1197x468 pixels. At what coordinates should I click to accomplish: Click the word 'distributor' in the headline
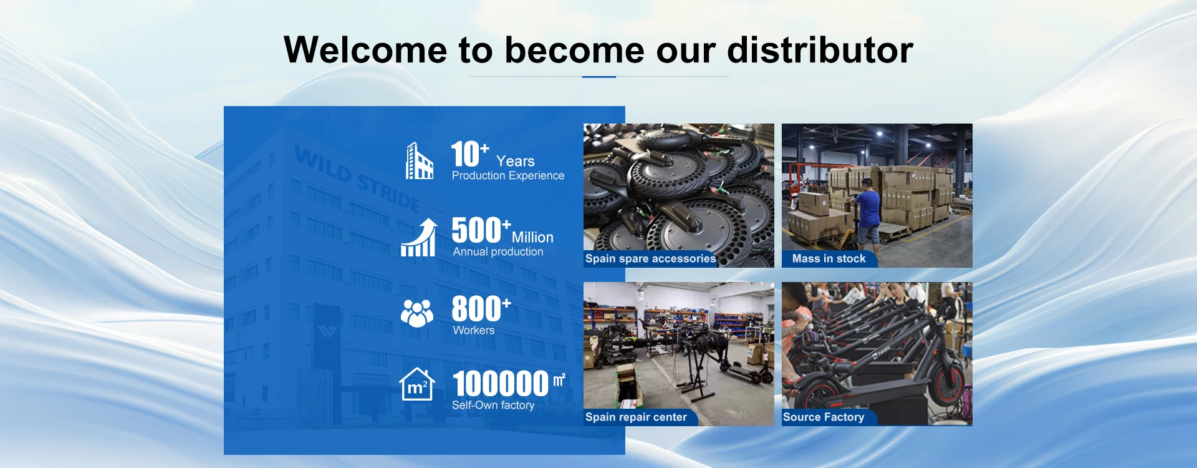point(820,49)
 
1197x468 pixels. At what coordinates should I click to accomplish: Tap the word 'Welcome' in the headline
point(365,49)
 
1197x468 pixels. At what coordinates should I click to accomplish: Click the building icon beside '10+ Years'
point(419,161)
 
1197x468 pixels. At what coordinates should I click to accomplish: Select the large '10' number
point(465,154)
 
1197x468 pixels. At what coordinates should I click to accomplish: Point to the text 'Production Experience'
point(508,176)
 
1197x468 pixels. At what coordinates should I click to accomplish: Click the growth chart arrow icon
point(418,237)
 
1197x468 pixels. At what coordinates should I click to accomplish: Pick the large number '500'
point(476,230)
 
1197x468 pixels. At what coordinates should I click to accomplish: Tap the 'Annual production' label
point(498,252)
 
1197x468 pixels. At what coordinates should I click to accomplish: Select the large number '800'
point(476,309)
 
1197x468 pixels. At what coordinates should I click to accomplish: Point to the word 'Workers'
point(474,331)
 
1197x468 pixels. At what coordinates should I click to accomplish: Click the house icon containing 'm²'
point(417,384)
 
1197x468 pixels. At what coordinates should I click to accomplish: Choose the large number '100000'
point(501,384)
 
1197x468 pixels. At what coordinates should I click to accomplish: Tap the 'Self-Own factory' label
point(493,406)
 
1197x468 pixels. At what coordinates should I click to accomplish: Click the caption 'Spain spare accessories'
point(650,258)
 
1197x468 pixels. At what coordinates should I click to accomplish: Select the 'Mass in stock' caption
point(829,258)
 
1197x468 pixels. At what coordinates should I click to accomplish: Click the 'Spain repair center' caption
point(636,417)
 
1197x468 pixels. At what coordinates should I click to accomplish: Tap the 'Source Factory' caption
point(824,417)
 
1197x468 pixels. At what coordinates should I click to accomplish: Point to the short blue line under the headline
point(599,77)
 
